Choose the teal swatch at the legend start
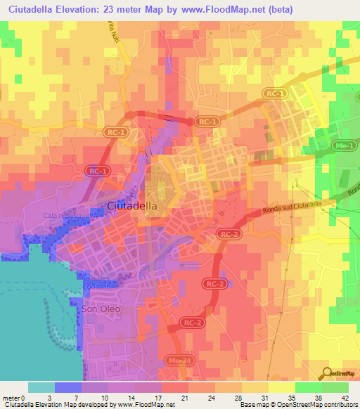[41, 387]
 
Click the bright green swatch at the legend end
[335, 387]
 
